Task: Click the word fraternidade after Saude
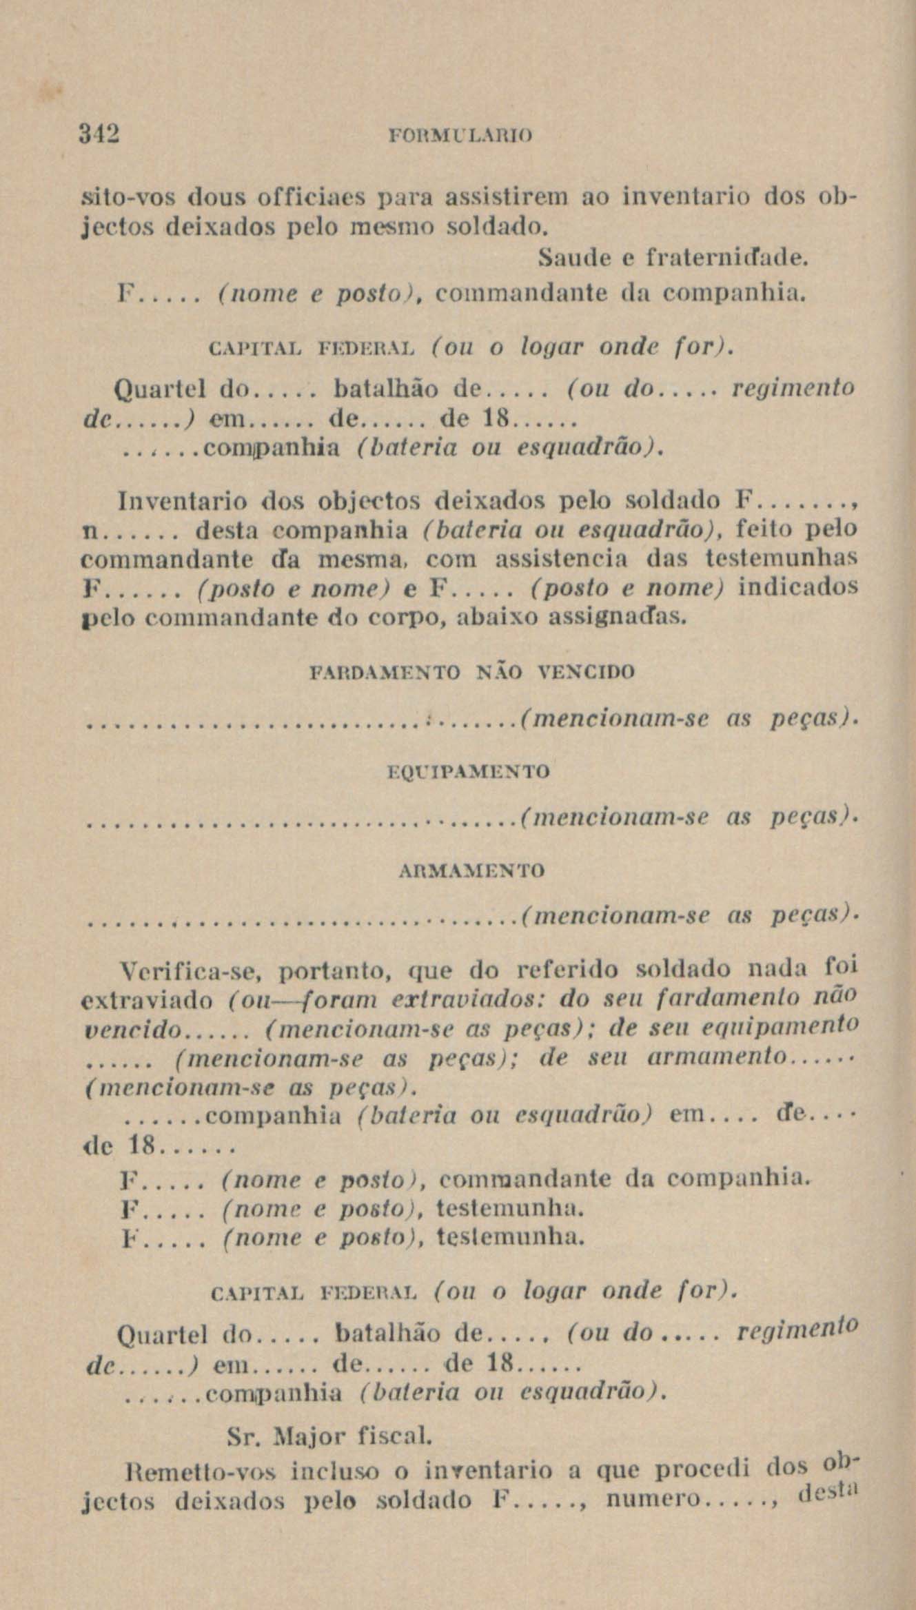click(x=722, y=259)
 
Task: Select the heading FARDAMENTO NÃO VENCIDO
click(x=473, y=671)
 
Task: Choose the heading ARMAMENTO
click(x=472, y=871)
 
